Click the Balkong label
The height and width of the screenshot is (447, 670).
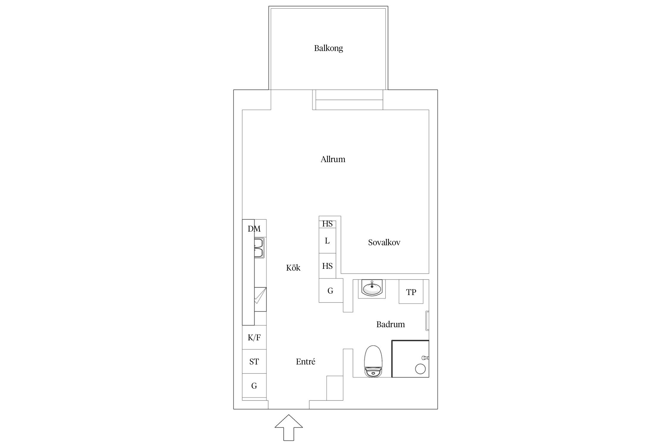(x=328, y=48)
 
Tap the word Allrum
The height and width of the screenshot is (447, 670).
(x=333, y=159)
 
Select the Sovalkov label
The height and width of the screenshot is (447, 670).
(x=384, y=242)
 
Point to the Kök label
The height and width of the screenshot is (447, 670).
(x=293, y=268)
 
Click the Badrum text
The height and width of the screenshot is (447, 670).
(x=390, y=324)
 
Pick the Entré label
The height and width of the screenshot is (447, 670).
(x=306, y=361)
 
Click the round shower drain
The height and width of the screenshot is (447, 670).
(x=420, y=369)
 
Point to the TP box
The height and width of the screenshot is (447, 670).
(x=411, y=291)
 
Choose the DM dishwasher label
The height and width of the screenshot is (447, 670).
(x=254, y=229)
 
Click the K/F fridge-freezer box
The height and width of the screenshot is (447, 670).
(x=254, y=337)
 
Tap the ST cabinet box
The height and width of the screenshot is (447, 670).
(x=254, y=361)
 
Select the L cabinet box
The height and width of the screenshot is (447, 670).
(x=327, y=241)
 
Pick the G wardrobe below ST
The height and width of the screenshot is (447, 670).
(x=254, y=386)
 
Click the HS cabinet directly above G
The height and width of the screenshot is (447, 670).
(x=327, y=266)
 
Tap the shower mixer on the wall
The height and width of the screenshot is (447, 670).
(x=425, y=357)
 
